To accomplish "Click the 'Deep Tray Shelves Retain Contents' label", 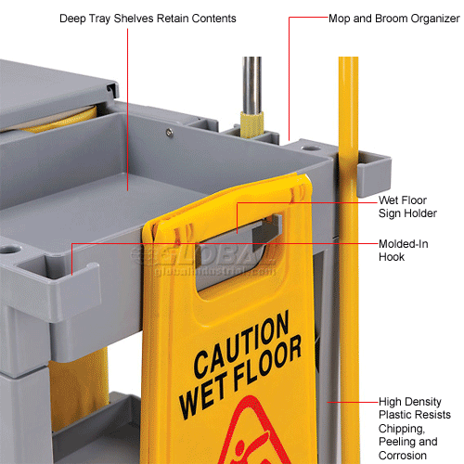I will tap(161, 19).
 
